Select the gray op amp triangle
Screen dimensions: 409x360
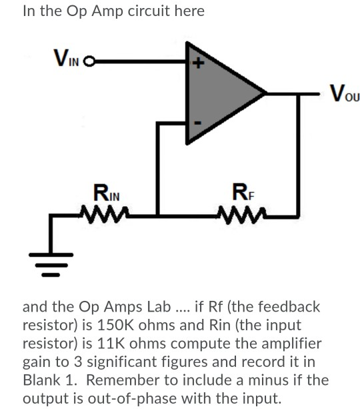point(220,93)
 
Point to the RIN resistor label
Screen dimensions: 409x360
point(106,197)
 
